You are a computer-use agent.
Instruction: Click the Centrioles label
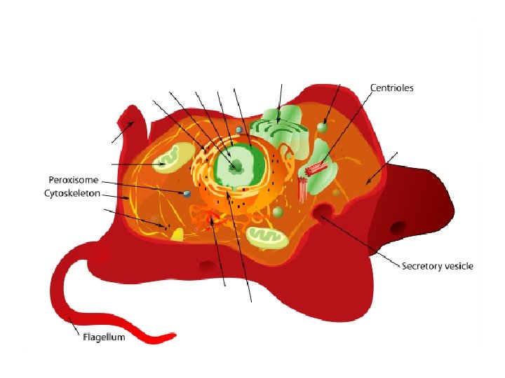pyautogui.click(x=391, y=88)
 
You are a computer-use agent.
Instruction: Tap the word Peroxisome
pyautogui.click(x=73, y=179)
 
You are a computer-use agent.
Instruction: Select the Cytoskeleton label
pyautogui.click(x=72, y=192)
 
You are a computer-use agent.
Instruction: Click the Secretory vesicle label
pyautogui.click(x=437, y=266)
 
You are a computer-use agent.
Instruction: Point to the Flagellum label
pyautogui.click(x=104, y=337)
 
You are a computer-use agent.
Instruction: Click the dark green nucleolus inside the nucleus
pyautogui.click(x=237, y=166)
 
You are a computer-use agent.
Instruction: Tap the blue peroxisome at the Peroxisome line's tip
pyautogui.click(x=187, y=194)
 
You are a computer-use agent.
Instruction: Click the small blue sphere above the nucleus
pyautogui.click(x=239, y=130)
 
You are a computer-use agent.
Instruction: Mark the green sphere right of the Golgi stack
pyautogui.click(x=322, y=127)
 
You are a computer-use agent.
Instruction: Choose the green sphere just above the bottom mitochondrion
pyautogui.click(x=278, y=211)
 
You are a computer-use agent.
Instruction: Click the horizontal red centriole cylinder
pyautogui.click(x=316, y=169)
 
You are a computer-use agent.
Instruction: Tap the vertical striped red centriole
pyautogui.click(x=302, y=190)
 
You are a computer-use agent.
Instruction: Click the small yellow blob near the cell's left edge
pyautogui.click(x=175, y=234)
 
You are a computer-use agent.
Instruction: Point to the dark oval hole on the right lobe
pyautogui.click(x=398, y=227)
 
